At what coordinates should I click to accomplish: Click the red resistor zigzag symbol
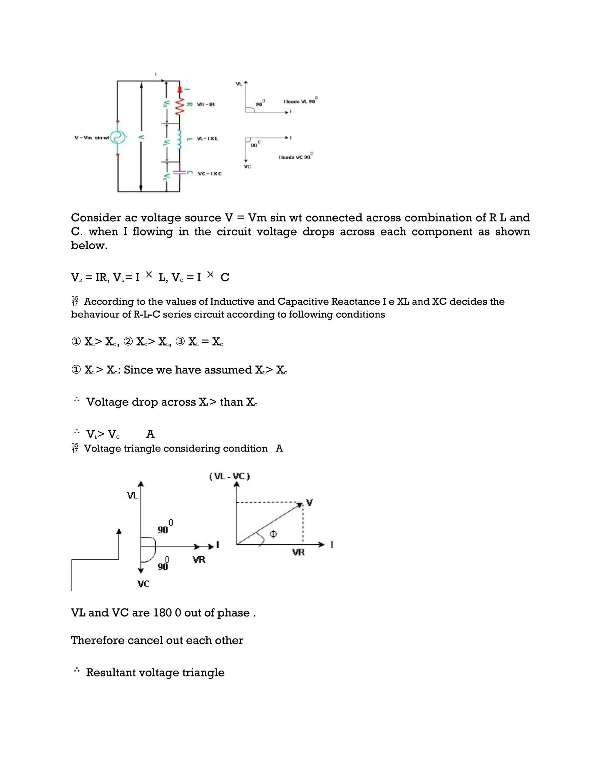coord(179,106)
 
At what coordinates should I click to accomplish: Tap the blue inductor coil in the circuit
coord(179,139)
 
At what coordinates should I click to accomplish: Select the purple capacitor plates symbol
coord(179,173)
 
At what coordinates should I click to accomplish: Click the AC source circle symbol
coord(118,137)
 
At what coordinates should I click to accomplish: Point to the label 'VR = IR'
coord(206,105)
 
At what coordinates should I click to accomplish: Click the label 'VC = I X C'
coord(210,174)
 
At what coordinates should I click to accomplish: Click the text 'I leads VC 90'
coord(295,157)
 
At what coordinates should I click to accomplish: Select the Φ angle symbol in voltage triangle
coord(273,534)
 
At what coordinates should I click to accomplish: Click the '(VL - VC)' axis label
coord(229,476)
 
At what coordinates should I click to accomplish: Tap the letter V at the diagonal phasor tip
coord(309,503)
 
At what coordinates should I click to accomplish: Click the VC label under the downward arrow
coord(143,584)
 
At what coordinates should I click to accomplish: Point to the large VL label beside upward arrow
coord(133,496)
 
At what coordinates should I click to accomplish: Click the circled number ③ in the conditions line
coord(180,342)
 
